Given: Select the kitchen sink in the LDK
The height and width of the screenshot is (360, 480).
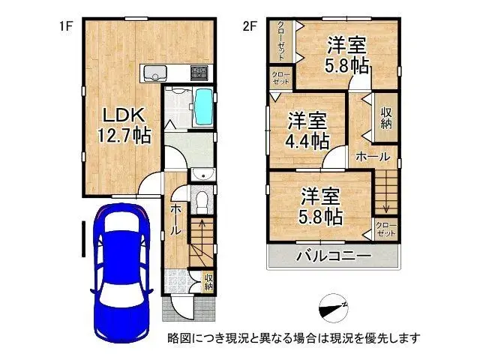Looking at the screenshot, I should [x=155, y=73].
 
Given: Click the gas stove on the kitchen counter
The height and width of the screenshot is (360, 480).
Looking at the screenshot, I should [x=199, y=73].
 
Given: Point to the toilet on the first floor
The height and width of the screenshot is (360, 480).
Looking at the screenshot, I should [x=201, y=200].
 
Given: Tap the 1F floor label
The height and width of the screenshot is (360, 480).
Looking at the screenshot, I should [x=66, y=26].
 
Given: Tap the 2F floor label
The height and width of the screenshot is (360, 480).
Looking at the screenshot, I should [x=249, y=26].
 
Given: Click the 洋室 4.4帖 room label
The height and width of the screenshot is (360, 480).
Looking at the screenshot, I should [x=307, y=129].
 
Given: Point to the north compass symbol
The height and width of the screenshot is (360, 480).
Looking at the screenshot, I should [x=331, y=307].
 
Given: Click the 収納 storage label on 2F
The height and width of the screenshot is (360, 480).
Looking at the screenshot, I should [x=386, y=118].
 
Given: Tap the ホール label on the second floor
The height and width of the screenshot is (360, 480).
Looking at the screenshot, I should [x=372, y=157].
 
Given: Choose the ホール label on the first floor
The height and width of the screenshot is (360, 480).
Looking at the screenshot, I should [x=175, y=218].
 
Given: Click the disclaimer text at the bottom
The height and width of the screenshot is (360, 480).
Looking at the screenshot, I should [x=293, y=338].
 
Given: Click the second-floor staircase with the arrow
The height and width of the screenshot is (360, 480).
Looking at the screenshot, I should [x=385, y=193].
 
